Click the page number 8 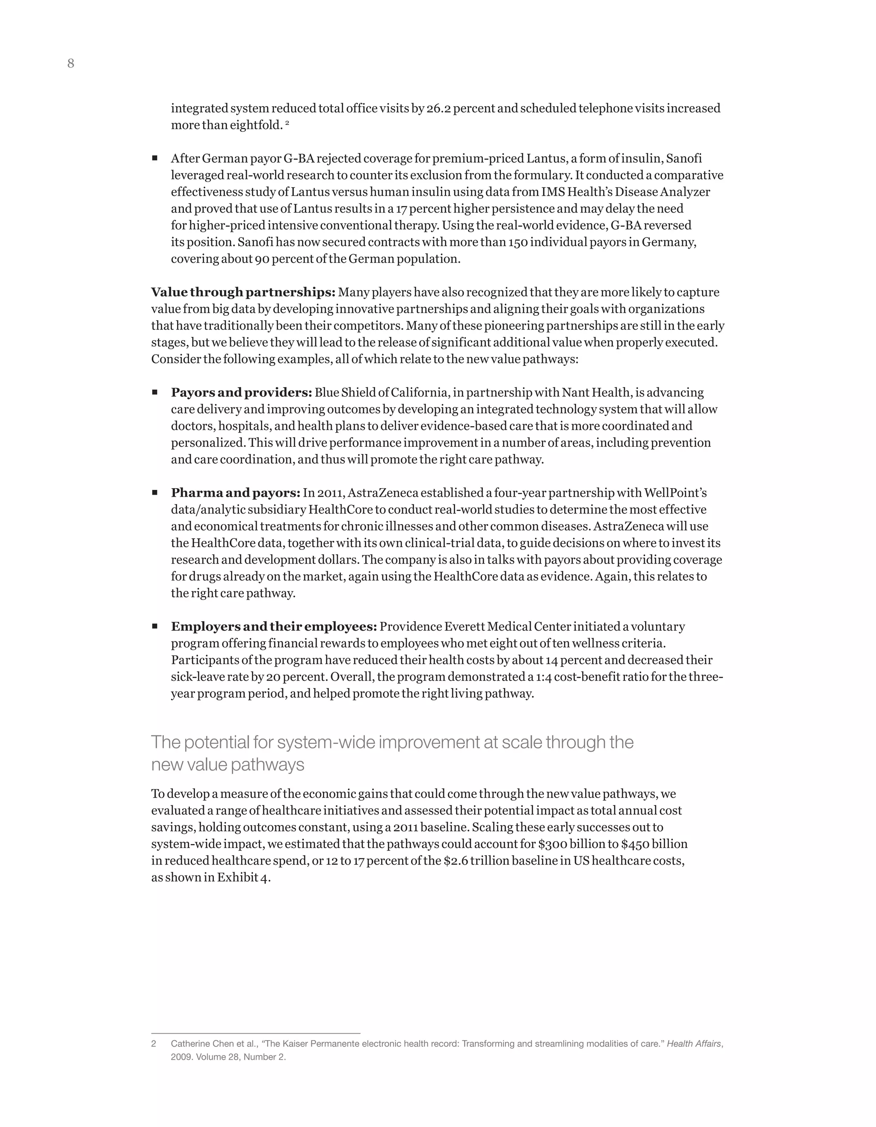(71, 63)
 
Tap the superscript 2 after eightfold (287, 123)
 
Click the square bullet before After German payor (155, 158)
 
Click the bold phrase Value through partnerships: (243, 292)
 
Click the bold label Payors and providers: (241, 392)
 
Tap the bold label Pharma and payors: (235, 493)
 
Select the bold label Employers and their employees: (274, 626)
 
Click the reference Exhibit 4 (243, 877)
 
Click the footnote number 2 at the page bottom (153, 1044)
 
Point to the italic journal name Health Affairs (694, 1044)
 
